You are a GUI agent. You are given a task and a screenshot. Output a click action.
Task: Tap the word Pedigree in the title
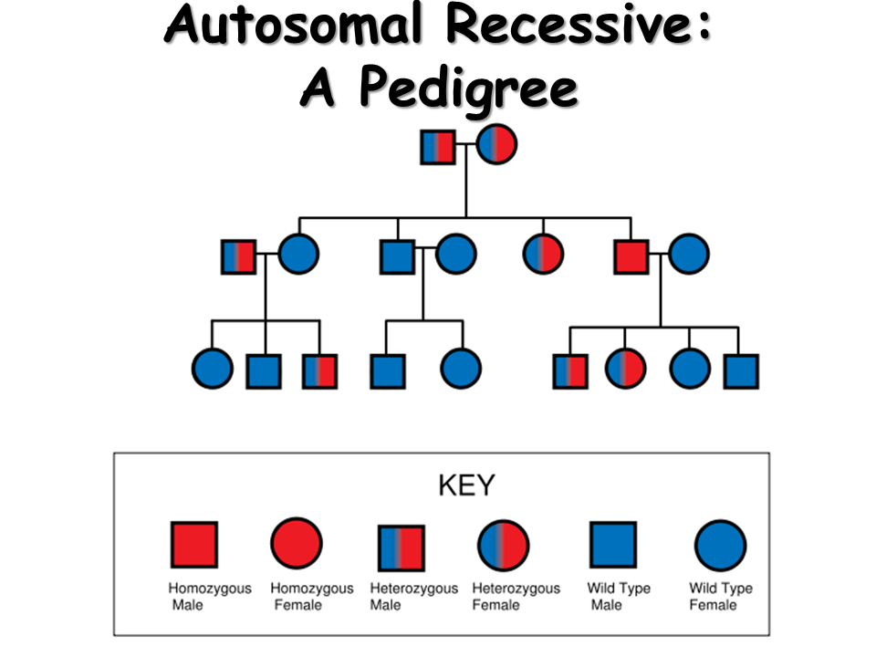pos(466,89)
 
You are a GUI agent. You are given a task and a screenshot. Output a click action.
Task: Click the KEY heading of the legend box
pos(466,485)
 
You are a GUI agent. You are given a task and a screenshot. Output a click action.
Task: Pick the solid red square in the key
pos(194,545)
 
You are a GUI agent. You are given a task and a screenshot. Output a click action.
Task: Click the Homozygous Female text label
pos(311,596)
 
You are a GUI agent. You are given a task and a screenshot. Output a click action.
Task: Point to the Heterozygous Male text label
pos(413,596)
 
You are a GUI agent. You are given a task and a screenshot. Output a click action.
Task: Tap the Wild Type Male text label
pos(618,596)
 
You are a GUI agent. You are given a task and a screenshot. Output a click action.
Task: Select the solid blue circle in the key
pos(720,546)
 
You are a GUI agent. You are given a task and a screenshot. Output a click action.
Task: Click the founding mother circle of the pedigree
pos(496,144)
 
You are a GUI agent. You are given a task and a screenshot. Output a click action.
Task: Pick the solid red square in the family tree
pos(631,256)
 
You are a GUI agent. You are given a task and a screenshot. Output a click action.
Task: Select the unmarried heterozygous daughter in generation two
pos(544,256)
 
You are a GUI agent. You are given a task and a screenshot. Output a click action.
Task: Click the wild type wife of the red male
pos(689,255)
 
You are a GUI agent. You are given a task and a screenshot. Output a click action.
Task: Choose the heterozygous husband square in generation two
pos(239,256)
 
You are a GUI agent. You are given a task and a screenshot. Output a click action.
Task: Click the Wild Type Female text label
pos(720,596)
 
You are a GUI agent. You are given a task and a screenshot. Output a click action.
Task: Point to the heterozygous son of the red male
pos(570,370)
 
